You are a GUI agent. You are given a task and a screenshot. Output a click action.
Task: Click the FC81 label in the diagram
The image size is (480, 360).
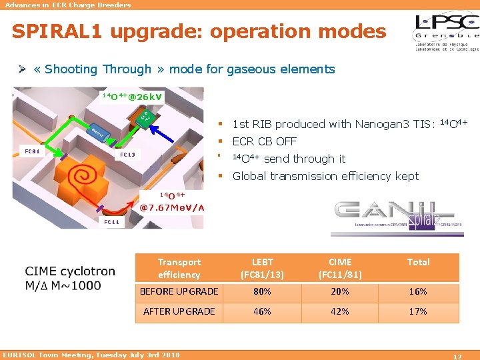tap(31, 151)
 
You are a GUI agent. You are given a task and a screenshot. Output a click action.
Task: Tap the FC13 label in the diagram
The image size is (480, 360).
tap(127, 155)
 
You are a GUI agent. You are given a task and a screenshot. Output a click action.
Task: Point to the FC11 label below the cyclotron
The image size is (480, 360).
tap(109, 221)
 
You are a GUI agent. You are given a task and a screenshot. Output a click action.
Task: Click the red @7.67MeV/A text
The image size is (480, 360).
tap(172, 207)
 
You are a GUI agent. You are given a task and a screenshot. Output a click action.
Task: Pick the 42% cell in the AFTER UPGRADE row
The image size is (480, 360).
tap(340, 311)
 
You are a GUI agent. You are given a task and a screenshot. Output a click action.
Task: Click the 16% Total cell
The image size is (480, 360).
tap(418, 291)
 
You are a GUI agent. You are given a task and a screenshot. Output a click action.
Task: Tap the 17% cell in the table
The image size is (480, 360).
tap(418, 311)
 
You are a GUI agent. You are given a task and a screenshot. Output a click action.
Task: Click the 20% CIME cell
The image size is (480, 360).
tap(340, 291)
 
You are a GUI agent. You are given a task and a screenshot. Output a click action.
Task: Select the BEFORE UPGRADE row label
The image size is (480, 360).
tap(179, 291)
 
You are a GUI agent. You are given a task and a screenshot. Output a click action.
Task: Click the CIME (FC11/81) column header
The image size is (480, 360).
tap(340, 268)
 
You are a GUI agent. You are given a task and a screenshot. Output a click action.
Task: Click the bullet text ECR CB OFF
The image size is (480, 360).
tap(264, 141)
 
